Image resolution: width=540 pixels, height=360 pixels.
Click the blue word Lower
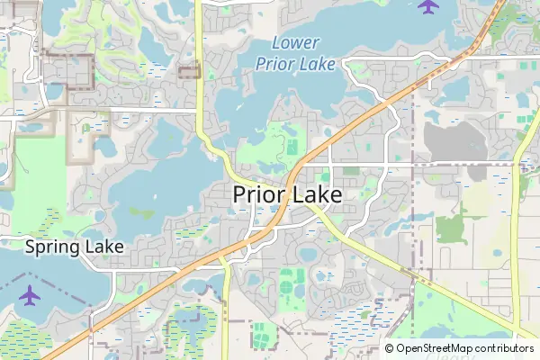tap(295, 42)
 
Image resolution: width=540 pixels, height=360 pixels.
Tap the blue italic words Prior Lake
tap(295, 63)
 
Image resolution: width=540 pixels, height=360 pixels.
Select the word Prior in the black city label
tap(259, 194)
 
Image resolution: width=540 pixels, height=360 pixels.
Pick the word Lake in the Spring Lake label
tap(104, 246)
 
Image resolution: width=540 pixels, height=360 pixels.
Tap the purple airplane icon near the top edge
tap(428, 7)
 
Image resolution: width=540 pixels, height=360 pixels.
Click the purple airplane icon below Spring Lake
tap(30, 294)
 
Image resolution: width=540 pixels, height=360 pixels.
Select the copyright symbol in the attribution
tap(389, 348)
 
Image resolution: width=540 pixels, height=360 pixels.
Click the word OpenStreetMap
tap(434, 348)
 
